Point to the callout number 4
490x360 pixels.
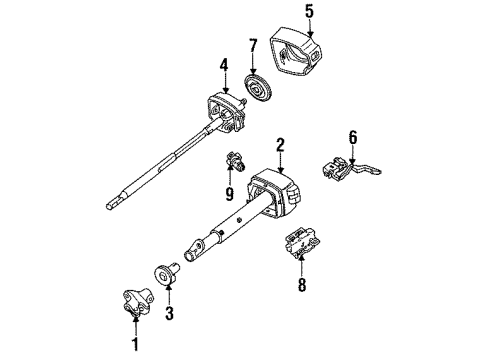[225, 68]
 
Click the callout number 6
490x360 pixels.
[352, 137]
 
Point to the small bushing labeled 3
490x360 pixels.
[164, 276]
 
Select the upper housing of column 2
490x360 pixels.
[280, 195]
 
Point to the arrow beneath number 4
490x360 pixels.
[225, 85]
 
